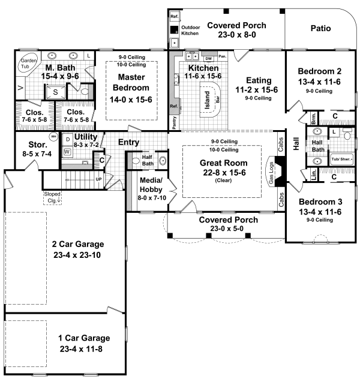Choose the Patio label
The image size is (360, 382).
tap(322, 28)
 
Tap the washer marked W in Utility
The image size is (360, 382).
tap(67, 152)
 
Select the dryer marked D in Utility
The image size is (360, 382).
tap(67, 139)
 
